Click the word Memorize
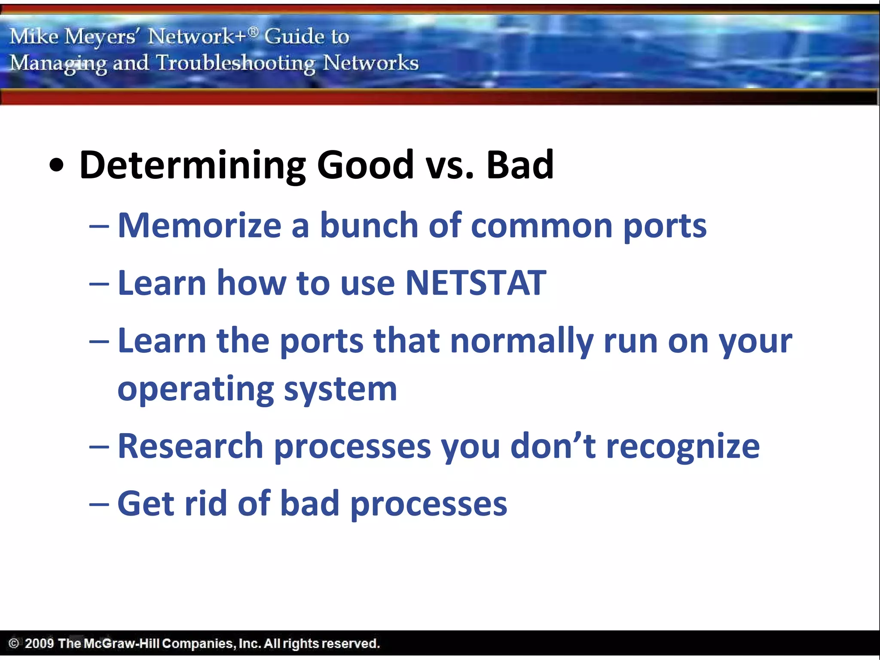point(199,225)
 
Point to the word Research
point(190,446)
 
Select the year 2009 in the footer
point(39,643)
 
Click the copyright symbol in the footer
point(14,643)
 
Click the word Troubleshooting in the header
point(235,63)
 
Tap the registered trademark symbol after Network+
point(254,31)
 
